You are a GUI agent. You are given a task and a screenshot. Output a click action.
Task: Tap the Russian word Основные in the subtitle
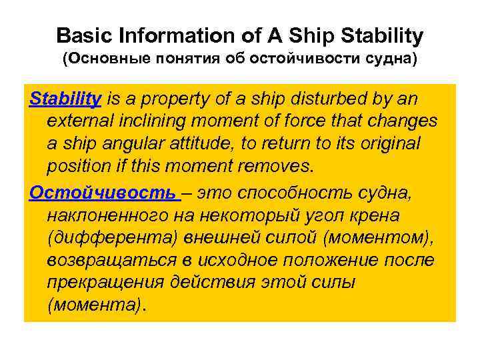pos(108,59)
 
